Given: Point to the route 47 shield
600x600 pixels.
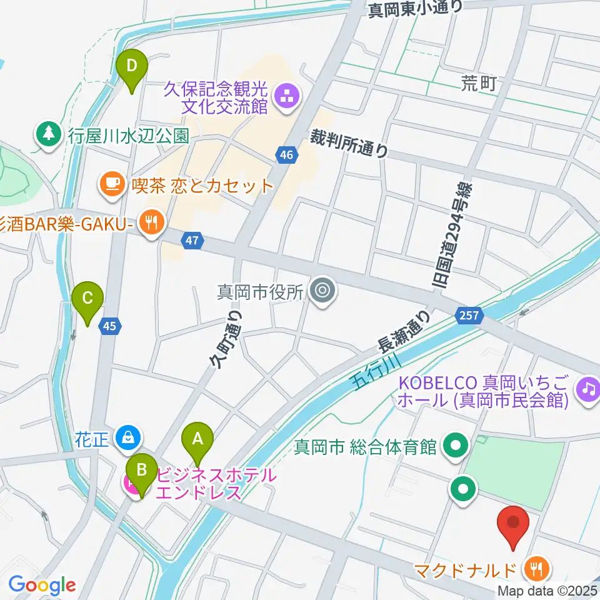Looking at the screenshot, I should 192,239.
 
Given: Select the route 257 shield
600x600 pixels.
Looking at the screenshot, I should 471,316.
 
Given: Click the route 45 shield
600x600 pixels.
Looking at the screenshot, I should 110,326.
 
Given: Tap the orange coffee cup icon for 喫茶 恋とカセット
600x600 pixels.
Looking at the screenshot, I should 112,185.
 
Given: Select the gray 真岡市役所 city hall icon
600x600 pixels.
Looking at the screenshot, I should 322,291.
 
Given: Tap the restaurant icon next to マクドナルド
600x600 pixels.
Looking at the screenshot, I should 537,569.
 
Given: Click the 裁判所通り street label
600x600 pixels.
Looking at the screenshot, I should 349,144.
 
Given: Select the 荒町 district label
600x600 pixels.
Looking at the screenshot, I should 479,82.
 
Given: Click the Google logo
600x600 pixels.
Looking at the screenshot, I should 42,585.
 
